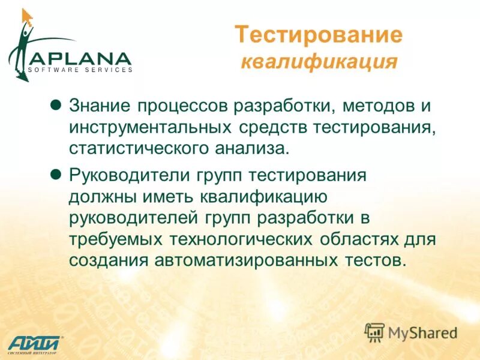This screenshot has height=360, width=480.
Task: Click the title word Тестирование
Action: click(x=318, y=35)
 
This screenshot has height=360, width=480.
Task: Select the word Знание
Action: click(x=98, y=107)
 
